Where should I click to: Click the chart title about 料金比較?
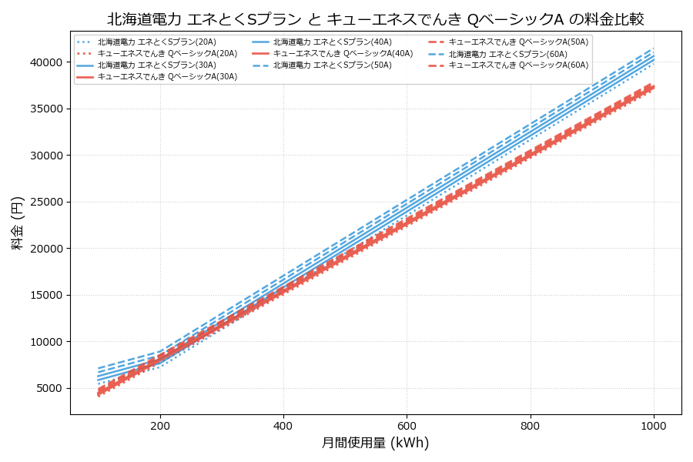click(376, 19)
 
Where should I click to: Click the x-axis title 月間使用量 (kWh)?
click(376, 443)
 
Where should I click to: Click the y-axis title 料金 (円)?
click(17, 223)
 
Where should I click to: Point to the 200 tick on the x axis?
click(160, 425)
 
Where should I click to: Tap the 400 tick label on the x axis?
click(283, 425)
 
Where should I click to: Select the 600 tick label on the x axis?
click(407, 425)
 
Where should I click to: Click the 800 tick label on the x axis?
click(531, 425)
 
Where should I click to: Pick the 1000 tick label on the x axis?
click(654, 425)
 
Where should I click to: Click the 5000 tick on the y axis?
click(48, 388)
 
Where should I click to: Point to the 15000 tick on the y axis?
click(45, 295)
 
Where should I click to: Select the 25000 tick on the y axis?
click(45, 202)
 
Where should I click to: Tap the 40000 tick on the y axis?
click(45, 62)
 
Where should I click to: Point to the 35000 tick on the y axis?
click(45, 109)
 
